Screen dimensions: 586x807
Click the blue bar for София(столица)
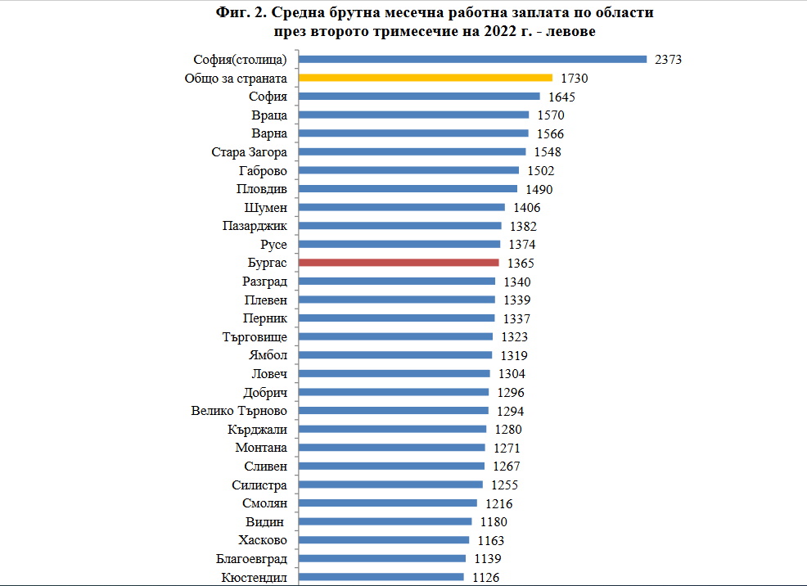tap(472, 59)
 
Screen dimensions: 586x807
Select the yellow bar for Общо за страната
tap(426, 78)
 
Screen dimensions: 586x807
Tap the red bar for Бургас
tap(399, 263)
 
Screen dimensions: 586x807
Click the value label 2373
tap(668, 60)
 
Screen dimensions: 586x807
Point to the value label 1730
tap(575, 79)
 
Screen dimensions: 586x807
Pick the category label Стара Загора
tap(249, 152)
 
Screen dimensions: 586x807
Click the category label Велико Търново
tap(239, 411)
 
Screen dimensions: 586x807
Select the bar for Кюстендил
tap(381, 577)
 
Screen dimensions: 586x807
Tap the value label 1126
tap(485, 578)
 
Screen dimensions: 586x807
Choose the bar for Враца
tap(413, 115)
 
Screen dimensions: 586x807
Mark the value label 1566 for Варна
tap(550, 133)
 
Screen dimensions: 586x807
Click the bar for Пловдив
tap(408, 189)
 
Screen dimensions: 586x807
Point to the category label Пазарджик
tap(255, 226)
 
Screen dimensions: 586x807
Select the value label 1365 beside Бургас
tap(521, 264)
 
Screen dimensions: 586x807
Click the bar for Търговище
tap(395, 336)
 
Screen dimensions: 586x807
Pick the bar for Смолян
tap(388, 503)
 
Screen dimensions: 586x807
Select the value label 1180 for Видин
tap(494, 522)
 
